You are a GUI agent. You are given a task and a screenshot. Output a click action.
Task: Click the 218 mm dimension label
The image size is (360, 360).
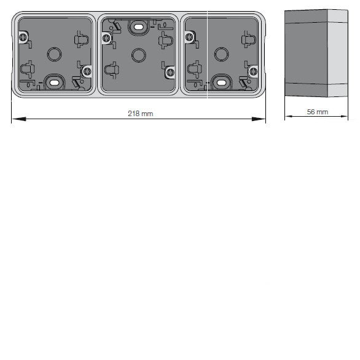140,114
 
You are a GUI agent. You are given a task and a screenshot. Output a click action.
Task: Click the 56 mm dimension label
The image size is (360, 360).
317,112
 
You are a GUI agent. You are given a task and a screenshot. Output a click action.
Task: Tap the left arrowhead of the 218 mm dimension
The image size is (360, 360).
19,119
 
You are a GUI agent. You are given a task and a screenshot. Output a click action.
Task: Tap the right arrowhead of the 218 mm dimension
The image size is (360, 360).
259,119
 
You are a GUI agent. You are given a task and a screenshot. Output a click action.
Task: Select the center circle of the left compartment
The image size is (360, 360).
54,55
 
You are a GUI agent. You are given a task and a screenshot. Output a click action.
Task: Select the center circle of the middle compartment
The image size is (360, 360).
139,55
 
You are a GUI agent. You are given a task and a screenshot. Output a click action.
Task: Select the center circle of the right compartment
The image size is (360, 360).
221,55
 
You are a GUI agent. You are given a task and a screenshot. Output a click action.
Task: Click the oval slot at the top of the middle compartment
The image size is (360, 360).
138,27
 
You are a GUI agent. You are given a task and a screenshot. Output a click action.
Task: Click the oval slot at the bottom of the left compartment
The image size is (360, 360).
54,83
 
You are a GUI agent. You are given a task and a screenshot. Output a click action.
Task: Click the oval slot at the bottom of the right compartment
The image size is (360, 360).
221,83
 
